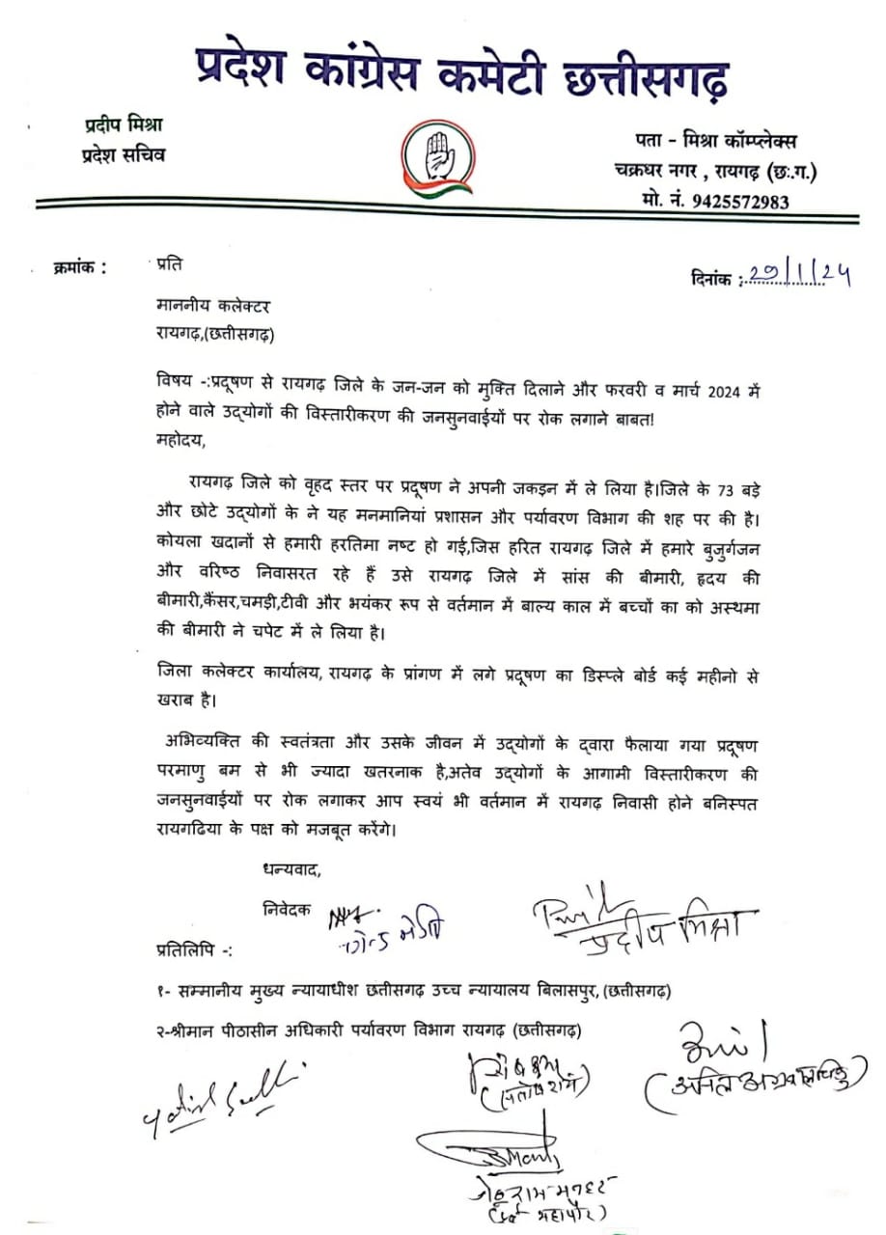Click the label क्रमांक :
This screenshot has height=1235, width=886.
click(81, 267)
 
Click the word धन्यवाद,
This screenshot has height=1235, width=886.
click(291, 869)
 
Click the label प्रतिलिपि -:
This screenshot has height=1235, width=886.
click(193, 949)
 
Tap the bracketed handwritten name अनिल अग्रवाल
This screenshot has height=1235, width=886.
click(749, 1084)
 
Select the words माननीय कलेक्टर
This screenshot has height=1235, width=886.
click(213, 307)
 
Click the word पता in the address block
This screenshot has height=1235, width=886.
click(628, 141)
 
